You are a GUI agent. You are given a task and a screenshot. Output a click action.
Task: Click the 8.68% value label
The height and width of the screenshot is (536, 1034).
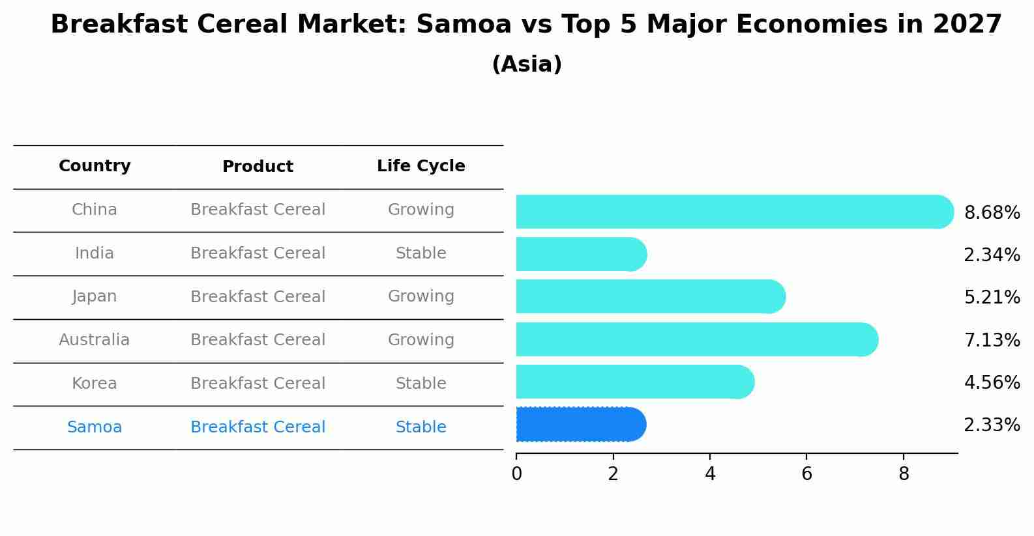[x=992, y=213]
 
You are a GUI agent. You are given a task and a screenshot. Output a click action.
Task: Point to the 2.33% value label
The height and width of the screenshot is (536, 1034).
[x=992, y=425]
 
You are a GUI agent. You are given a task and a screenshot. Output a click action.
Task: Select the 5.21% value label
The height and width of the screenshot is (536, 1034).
[x=992, y=298]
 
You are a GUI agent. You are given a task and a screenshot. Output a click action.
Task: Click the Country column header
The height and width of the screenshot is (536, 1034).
[x=95, y=166]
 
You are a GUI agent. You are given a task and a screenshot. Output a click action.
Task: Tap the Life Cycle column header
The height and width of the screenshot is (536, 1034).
[x=421, y=166]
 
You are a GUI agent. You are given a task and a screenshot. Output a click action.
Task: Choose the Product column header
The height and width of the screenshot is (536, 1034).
[x=258, y=167]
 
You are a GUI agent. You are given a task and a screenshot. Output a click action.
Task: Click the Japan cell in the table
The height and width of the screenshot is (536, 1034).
[x=95, y=296]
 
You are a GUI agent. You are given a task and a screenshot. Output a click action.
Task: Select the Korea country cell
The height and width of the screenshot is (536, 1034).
[x=95, y=384]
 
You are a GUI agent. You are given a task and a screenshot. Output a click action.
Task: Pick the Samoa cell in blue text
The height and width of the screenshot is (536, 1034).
[x=95, y=427]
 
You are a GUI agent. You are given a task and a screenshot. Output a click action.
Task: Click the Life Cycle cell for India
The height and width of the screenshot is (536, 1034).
[x=421, y=253]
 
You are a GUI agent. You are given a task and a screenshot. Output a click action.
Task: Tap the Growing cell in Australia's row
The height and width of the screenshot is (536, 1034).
[x=421, y=340]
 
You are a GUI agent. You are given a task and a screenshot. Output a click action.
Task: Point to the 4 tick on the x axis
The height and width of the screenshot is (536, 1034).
[x=710, y=474]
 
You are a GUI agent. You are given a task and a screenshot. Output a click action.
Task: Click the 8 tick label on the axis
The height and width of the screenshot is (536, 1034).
[x=904, y=474]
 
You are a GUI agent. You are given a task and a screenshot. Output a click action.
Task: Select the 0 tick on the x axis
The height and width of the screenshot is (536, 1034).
[x=516, y=474]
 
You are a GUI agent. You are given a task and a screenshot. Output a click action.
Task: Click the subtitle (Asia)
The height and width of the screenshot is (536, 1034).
[x=527, y=64]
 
